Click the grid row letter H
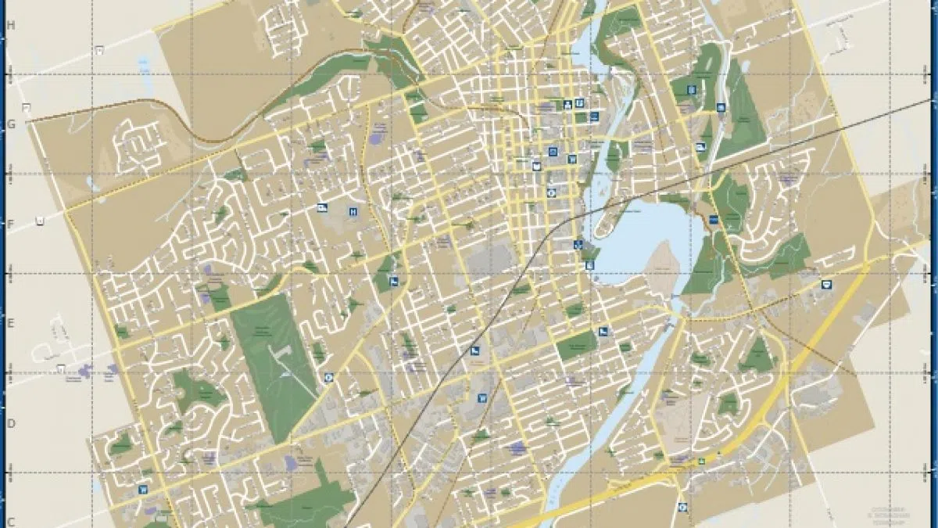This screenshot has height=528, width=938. [x=11, y=25]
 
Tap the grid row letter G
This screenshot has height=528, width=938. [x=11, y=124]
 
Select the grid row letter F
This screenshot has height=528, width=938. [x=11, y=224]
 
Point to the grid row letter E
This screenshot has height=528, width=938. [x=11, y=323]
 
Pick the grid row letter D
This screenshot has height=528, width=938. [x=11, y=423]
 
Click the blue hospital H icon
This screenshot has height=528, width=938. [x=353, y=211]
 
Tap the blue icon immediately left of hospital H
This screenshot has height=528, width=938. [x=322, y=207]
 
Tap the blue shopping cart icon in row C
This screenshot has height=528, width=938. [x=143, y=490]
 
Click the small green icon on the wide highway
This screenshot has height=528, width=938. [x=701, y=461]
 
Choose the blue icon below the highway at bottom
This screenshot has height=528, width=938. [x=683, y=506]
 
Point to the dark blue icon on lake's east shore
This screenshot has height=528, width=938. [x=713, y=219]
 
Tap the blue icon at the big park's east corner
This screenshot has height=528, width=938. [x=328, y=376]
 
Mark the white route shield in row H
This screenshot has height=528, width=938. [x=99, y=49]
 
